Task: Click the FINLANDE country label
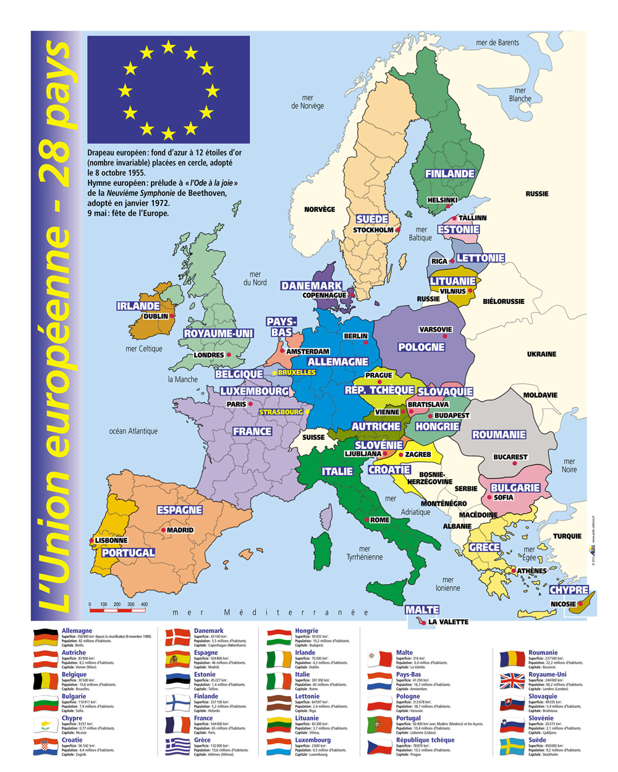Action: click(449, 174)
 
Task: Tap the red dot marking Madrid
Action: click(164, 530)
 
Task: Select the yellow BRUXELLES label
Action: click(297, 372)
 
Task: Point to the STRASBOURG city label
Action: click(281, 412)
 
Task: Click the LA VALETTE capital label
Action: click(448, 622)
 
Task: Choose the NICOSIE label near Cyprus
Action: click(563, 604)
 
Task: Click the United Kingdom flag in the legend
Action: click(512, 681)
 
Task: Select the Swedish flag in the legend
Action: click(512, 746)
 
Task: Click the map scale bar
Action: click(119, 610)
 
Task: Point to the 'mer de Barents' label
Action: click(497, 43)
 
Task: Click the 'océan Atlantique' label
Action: click(133, 431)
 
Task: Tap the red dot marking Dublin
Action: click(172, 316)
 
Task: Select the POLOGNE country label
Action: click(421, 347)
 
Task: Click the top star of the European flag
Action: click(168, 47)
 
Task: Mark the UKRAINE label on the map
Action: click(541, 354)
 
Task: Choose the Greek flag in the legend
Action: click(178, 746)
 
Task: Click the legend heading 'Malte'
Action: click(404, 652)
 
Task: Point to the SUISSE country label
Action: click(313, 437)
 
